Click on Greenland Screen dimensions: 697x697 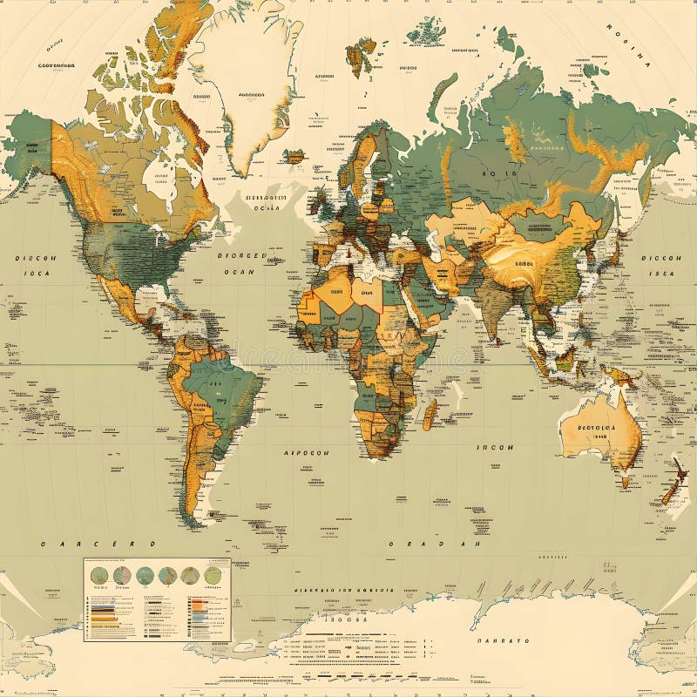click(253, 78)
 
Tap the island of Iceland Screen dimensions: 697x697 click(295, 157)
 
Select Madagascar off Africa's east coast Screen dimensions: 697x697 click(430, 413)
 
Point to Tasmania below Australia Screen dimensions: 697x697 click(625, 478)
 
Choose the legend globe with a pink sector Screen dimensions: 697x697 click(122, 575)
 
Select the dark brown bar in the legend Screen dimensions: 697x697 click(104, 624)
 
